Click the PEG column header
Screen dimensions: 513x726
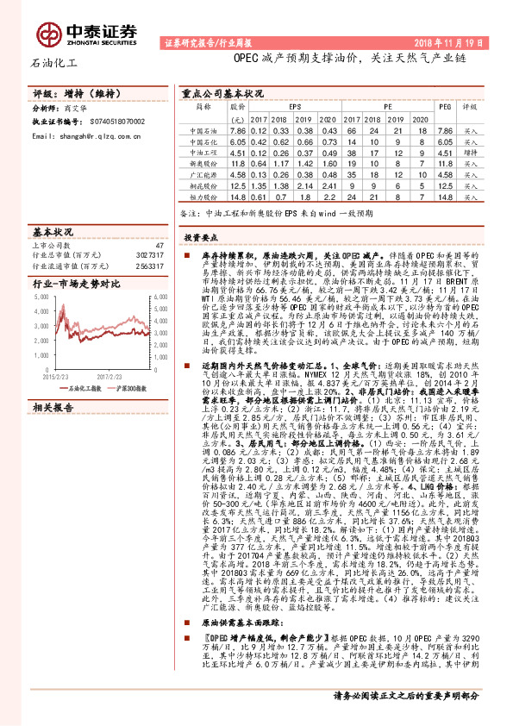[444, 106]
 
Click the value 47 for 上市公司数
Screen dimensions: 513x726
[158, 245]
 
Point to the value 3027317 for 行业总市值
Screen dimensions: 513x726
[148, 256]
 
